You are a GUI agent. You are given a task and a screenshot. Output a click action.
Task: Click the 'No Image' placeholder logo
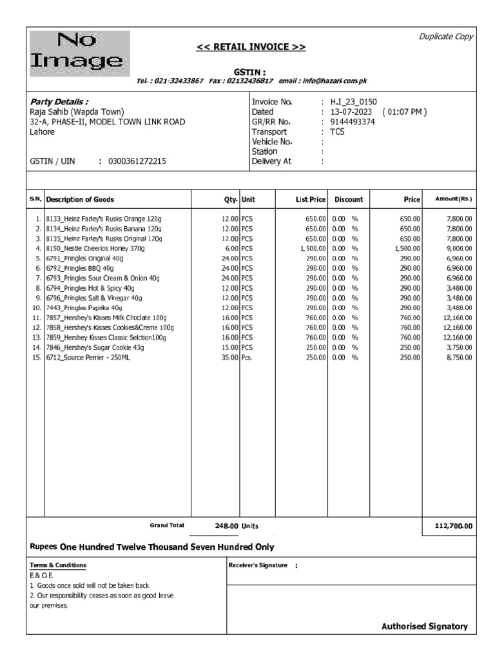click(79, 52)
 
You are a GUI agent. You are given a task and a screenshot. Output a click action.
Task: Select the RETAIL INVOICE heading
click(251, 47)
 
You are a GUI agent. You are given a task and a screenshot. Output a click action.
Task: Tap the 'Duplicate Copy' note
click(446, 37)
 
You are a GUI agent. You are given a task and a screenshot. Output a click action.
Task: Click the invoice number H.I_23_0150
click(353, 102)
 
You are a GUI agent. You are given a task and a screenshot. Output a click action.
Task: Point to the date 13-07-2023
click(351, 112)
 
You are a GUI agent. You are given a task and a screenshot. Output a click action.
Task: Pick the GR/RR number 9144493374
click(352, 122)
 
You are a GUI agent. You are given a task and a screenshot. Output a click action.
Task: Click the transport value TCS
click(337, 131)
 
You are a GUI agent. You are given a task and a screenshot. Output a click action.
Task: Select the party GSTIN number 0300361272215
click(137, 162)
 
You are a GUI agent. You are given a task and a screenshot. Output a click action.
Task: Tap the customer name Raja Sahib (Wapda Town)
click(77, 112)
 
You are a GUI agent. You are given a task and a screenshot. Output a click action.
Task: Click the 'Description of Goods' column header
click(80, 200)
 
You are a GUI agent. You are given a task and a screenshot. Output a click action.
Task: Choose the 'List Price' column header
click(310, 200)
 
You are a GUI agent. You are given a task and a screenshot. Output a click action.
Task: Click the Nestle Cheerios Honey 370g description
click(95, 248)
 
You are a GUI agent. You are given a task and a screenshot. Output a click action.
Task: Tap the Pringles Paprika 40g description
click(83, 308)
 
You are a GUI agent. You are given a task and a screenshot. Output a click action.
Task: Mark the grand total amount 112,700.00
click(453, 527)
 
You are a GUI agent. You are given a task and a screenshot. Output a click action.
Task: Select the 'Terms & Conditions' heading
click(58, 565)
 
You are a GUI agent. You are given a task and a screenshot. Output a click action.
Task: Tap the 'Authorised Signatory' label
click(424, 626)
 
